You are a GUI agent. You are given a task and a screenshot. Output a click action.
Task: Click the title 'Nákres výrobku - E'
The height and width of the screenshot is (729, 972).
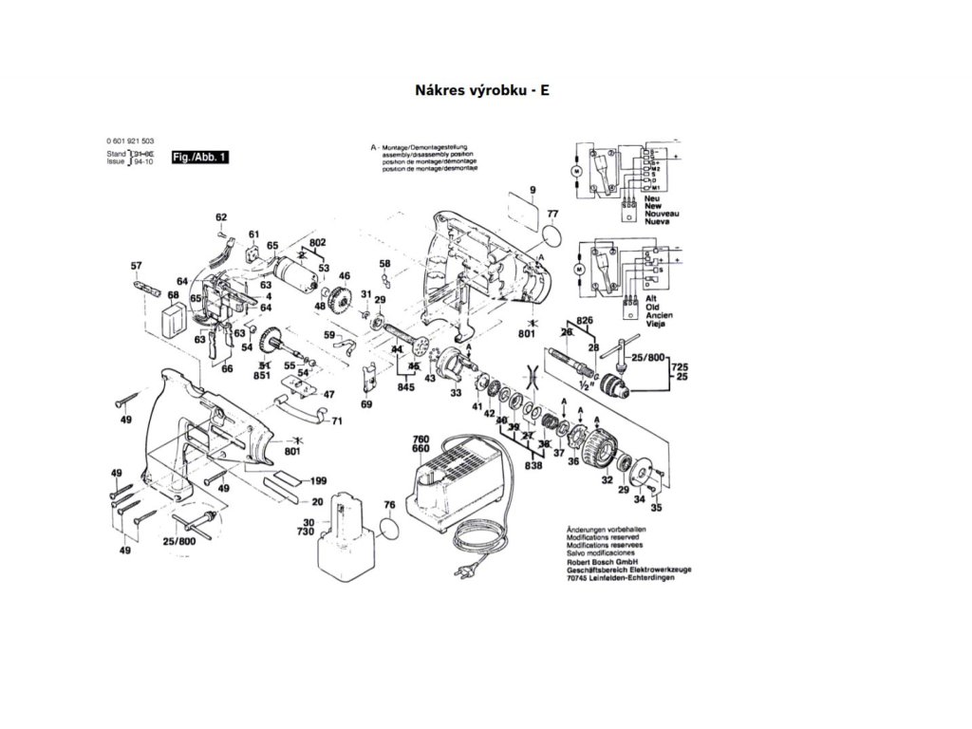481,91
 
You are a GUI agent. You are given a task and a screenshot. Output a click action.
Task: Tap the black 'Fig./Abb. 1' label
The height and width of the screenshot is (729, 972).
198,157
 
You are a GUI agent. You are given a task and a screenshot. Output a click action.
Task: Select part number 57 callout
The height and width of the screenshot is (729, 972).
136,266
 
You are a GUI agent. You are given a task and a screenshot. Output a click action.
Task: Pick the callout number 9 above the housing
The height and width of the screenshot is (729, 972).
533,191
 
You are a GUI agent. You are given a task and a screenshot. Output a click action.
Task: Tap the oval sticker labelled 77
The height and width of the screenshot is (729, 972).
551,233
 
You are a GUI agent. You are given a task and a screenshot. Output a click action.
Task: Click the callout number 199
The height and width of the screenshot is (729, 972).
318,480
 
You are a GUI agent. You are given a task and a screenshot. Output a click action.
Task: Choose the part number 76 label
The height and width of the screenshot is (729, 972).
387,505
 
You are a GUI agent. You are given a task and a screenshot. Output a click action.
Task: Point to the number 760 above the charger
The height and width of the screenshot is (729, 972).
421,439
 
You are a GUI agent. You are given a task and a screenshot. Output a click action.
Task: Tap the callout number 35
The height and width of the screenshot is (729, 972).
656,508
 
